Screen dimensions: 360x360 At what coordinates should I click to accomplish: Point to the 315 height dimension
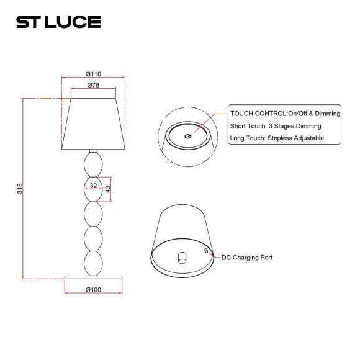coord(20,187)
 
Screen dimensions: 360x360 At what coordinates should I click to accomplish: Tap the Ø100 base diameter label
coord(93,290)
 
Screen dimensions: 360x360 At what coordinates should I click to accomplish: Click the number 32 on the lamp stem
coord(93,185)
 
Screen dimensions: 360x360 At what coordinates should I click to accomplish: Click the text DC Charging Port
coord(247,257)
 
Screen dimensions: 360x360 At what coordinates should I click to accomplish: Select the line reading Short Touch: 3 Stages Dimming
coord(276,126)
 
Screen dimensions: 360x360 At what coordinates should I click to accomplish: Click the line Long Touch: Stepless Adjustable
coord(277,138)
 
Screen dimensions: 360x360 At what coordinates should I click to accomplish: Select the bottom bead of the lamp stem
coord(93,263)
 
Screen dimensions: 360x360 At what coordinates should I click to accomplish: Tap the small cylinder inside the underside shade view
coord(182,257)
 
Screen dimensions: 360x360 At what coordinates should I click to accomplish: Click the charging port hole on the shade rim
coord(206,251)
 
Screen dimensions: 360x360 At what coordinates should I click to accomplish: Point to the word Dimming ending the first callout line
coord(328,114)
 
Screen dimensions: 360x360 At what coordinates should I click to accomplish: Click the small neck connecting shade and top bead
coord(93,152)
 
